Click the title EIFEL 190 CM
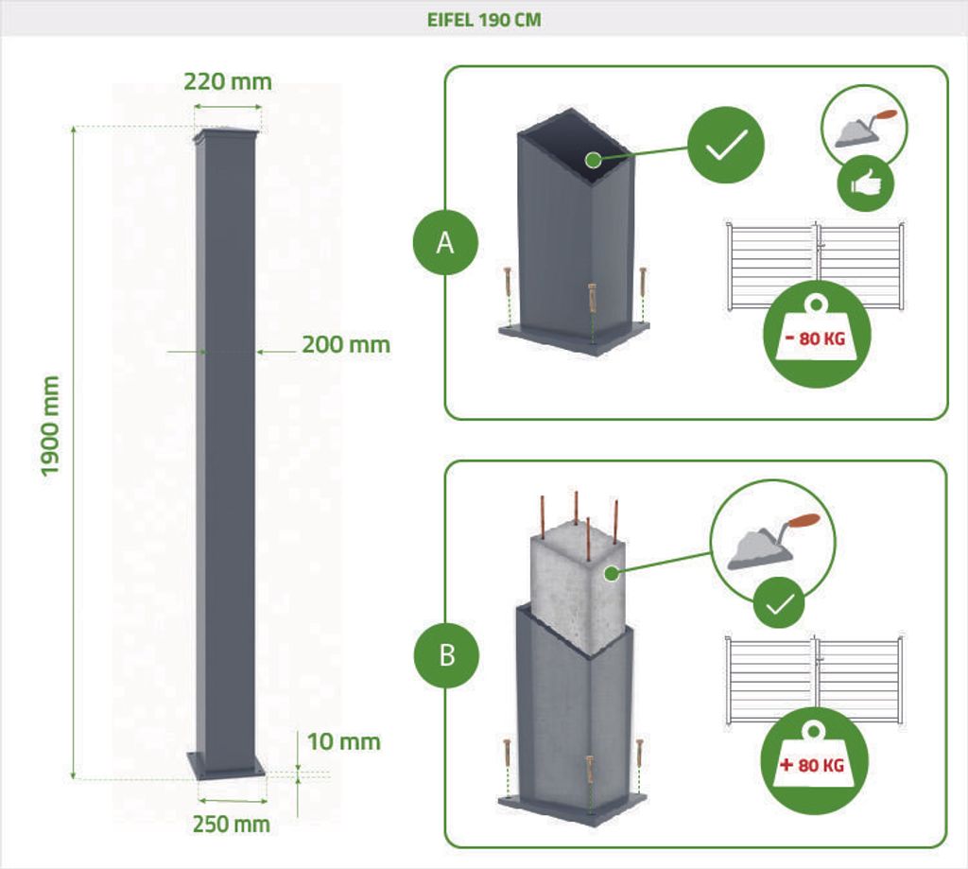(x=484, y=20)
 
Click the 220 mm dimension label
(x=228, y=81)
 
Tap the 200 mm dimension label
(x=346, y=344)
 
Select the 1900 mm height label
(x=50, y=426)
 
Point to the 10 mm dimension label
(x=343, y=741)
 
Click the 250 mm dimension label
(x=231, y=824)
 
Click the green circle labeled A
(x=445, y=243)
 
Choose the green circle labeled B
(x=446, y=654)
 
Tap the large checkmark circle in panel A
(x=726, y=145)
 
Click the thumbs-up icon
(x=866, y=184)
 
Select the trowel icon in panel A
(x=864, y=128)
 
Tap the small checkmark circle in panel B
(x=779, y=602)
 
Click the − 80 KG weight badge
(x=816, y=336)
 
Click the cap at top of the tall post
(x=225, y=137)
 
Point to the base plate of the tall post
(x=226, y=765)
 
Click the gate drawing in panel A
(x=816, y=266)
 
